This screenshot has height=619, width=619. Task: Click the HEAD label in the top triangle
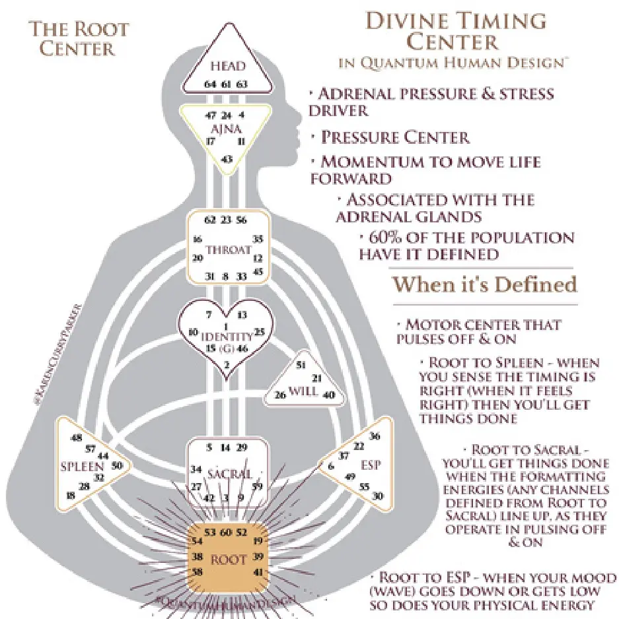click(227, 66)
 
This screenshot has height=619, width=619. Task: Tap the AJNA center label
click(227, 126)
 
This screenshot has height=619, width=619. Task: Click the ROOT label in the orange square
click(229, 560)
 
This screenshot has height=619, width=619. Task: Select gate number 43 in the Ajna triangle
click(227, 159)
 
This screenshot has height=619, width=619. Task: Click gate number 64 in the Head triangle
click(210, 84)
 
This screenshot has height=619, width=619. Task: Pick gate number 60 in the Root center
click(225, 532)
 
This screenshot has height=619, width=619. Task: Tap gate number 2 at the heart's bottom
click(227, 364)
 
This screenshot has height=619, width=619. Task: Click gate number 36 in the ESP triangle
click(375, 436)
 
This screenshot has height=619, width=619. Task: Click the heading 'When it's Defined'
click(484, 284)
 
